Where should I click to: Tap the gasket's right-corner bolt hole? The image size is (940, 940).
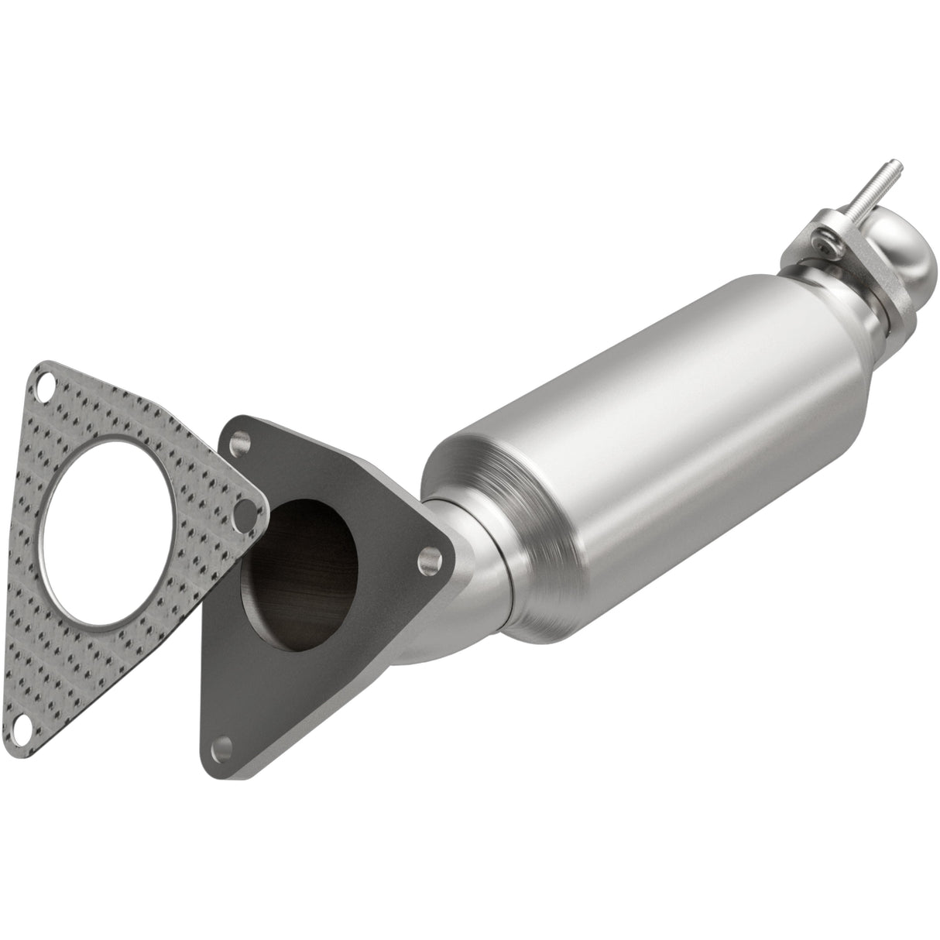(247, 508)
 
